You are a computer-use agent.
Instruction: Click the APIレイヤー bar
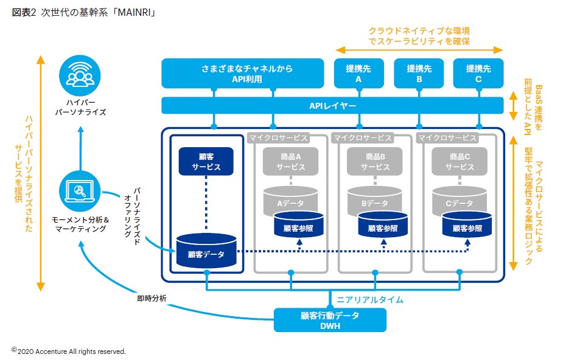tap(332, 105)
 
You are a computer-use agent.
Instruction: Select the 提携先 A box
tap(358, 74)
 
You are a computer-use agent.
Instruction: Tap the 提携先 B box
tap(419, 74)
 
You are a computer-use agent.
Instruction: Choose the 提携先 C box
tap(478, 74)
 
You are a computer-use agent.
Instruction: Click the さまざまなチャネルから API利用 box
tap(242, 74)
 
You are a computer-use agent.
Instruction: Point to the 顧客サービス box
tap(206, 162)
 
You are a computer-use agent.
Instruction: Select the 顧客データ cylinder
tap(206, 251)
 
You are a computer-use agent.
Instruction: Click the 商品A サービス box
tap(290, 162)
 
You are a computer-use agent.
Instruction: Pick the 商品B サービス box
tap(375, 162)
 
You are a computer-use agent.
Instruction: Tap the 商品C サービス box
tap(459, 162)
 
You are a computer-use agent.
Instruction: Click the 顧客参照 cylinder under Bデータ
tap(383, 226)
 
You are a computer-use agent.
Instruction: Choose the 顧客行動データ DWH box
tap(330, 320)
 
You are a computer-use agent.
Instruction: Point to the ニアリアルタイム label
tap(370, 300)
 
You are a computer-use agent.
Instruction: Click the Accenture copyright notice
tap(68, 351)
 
